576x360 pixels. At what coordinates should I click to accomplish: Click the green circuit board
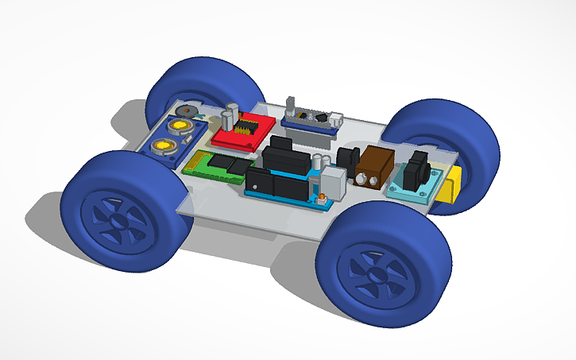click(215, 166)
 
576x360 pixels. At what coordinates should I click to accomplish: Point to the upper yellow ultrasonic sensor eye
click(179, 126)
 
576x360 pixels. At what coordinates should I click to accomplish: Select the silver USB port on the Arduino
click(334, 184)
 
